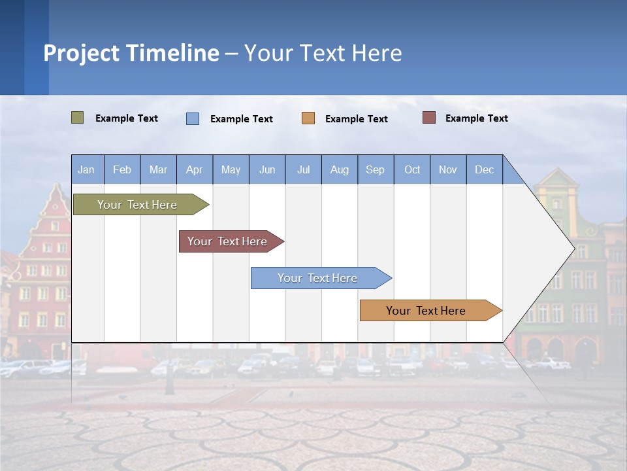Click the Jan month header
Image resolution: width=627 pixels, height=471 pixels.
pyautogui.click(x=87, y=169)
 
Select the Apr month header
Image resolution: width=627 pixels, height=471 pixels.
pyautogui.click(x=195, y=169)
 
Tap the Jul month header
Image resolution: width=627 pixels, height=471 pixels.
pyautogui.click(x=303, y=169)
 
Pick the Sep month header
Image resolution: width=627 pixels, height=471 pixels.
pyautogui.click(x=376, y=169)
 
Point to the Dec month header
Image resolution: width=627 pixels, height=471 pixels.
pyautogui.click(x=484, y=169)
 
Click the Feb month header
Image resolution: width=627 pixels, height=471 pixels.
pyautogui.click(x=122, y=169)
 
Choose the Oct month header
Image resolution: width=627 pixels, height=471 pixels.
pyautogui.click(x=412, y=169)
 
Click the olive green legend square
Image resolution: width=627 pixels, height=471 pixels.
pyautogui.click(x=78, y=118)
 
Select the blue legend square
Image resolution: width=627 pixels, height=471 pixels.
pyautogui.click(x=193, y=118)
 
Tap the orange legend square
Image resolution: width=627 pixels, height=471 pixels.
pyautogui.click(x=308, y=118)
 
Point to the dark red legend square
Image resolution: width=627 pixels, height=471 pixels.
pyautogui.click(x=429, y=118)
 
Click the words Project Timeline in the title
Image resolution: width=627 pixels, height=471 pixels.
pyautogui.click(x=131, y=53)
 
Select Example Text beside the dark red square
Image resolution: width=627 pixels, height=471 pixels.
pyautogui.click(x=477, y=118)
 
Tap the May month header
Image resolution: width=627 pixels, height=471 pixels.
pyautogui.click(x=231, y=169)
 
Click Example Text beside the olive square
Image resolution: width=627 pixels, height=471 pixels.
pyautogui.click(x=127, y=118)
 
